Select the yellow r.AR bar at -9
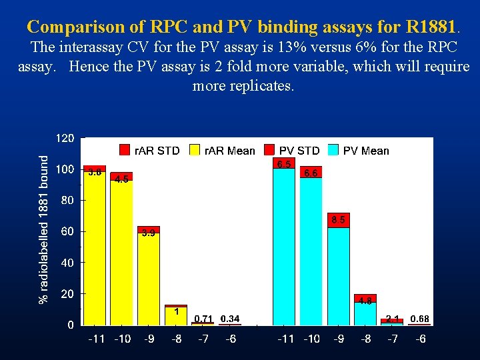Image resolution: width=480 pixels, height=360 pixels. tap(149, 280)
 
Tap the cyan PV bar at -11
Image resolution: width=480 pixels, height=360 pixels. tap(284, 247)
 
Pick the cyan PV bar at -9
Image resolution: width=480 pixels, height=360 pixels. tap(338, 277)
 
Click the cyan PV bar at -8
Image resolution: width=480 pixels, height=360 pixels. tap(365, 314)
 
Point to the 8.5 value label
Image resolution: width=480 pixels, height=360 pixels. tap(338, 219)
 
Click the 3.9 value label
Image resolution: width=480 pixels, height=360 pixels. tap(149, 233)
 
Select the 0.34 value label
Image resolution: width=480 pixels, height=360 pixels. tap(230, 319)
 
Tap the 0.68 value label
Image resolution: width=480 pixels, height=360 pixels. tap(419, 319)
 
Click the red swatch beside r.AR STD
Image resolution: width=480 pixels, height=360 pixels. tap(125, 151)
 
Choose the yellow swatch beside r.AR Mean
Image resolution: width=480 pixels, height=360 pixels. tap(196, 151)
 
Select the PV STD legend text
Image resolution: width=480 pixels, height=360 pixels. tap(299, 151)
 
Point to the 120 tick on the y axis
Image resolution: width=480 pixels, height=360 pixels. tap(64, 139)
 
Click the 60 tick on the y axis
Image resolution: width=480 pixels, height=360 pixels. tap(67, 232)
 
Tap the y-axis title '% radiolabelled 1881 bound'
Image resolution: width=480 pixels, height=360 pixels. tap(44, 230)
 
